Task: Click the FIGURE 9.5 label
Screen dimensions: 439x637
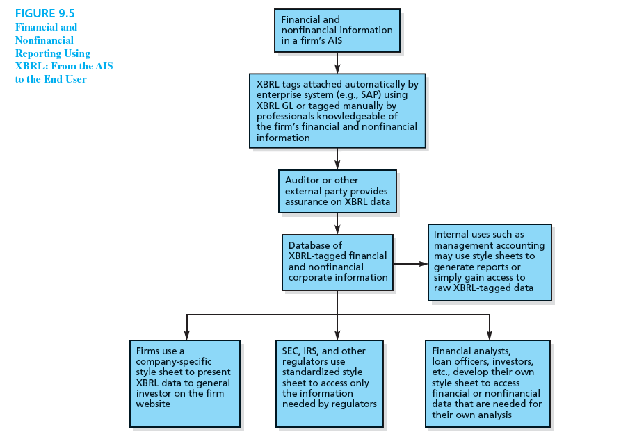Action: coord(45,13)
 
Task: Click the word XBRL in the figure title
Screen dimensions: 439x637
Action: coord(30,66)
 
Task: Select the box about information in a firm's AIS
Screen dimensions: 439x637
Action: coord(337,31)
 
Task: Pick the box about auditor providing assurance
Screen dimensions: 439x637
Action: coord(337,191)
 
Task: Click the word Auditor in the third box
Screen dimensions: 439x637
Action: coord(303,181)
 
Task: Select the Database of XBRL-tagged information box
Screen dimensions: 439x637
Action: coord(337,262)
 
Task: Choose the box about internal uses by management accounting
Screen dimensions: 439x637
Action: coord(489,262)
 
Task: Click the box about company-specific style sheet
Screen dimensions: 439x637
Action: coord(184,383)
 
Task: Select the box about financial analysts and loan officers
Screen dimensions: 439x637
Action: coord(487,383)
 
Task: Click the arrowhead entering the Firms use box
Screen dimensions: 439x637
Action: coord(186,336)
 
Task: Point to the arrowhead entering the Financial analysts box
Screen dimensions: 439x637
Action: coord(490,336)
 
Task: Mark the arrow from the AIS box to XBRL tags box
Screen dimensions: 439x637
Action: coord(337,63)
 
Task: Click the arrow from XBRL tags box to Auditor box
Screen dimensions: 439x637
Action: coord(337,159)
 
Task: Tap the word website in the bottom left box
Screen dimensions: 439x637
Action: coord(153,404)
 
